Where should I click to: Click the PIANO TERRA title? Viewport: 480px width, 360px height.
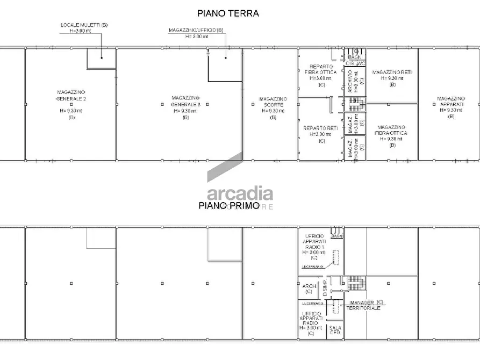tap(228, 13)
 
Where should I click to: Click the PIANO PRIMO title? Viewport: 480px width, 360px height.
tap(229, 205)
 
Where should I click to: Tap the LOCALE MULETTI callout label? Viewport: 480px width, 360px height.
tap(83, 25)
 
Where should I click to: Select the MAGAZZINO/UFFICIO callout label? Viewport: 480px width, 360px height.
tap(196, 31)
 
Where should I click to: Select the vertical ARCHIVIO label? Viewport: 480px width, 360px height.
tap(350, 82)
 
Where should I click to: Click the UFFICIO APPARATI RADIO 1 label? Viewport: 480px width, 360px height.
tap(314, 242)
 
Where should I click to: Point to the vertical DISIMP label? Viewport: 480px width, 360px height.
tap(324, 287)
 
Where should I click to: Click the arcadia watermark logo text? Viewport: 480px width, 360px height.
tap(240, 193)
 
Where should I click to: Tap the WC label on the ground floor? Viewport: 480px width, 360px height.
tap(361, 63)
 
